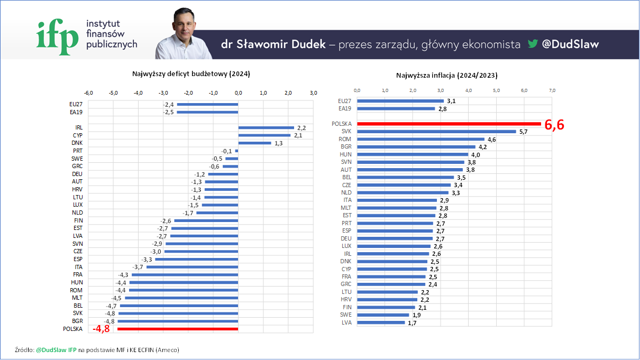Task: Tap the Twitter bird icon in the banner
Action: click(532, 44)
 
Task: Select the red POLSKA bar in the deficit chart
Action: click(178, 329)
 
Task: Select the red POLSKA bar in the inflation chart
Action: click(449, 124)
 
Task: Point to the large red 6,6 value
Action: click(554, 125)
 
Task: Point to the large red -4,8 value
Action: click(103, 329)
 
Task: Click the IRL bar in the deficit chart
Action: click(266, 127)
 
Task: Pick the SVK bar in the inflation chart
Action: click(436, 131)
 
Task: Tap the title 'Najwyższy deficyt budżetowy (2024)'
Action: click(191, 74)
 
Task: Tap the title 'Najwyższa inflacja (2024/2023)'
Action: click(446, 76)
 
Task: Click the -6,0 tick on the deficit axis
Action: click(88, 93)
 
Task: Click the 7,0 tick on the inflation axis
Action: click(552, 90)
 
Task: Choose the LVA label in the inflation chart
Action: click(346, 322)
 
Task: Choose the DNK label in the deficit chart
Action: click(77, 143)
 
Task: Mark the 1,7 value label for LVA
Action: click(412, 322)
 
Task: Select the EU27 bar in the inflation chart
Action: click(400, 100)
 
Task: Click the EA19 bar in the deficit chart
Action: click(207, 112)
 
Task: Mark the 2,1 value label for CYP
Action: click(298, 135)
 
